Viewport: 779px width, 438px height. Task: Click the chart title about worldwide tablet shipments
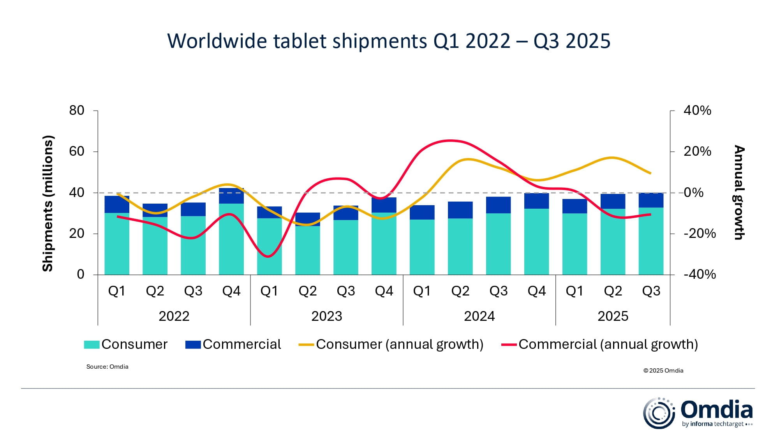click(389, 41)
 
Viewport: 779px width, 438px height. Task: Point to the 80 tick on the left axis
click(77, 111)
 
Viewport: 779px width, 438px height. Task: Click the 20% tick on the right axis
click(697, 151)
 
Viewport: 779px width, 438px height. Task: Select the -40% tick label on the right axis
click(700, 274)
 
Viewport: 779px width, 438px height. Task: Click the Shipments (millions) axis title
click(48, 203)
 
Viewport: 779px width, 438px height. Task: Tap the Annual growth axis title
click(739, 192)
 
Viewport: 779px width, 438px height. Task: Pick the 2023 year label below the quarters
click(326, 316)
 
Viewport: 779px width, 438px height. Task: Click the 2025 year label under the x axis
click(613, 316)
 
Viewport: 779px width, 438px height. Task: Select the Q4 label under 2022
click(231, 291)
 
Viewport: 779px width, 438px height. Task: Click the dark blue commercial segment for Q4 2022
click(231, 196)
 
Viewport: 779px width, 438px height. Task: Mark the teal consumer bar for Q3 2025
click(651, 241)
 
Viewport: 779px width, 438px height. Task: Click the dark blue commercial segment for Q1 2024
click(422, 213)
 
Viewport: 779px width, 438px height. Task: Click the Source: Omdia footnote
click(107, 367)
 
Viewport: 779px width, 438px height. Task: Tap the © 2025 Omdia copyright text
click(663, 371)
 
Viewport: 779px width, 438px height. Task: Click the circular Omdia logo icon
click(659, 413)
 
